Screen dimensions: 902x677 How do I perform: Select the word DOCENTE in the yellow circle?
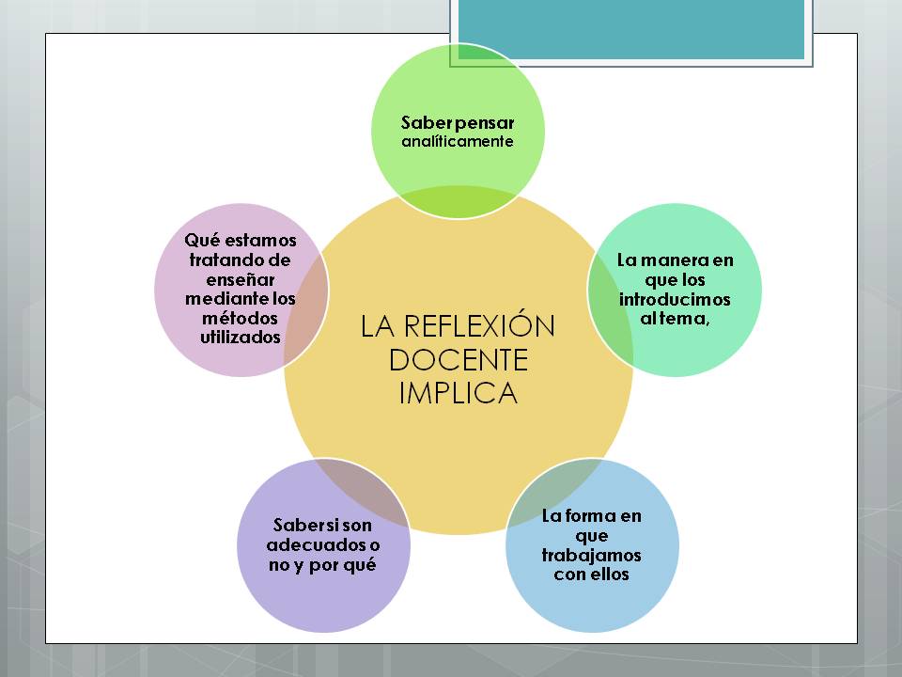coord(459,359)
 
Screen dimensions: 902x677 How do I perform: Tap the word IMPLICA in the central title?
coord(459,392)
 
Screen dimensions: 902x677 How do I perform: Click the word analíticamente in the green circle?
coord(458,142)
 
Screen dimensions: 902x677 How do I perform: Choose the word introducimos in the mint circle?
coord(675,299)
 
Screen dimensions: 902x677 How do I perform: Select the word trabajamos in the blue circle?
coord(591,555)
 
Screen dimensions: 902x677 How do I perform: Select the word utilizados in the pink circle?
coord(241,338)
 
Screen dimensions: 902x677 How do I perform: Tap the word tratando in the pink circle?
coord(229,260)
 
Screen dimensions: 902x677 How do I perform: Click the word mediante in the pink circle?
coord(225,299)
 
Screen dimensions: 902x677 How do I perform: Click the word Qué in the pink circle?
coord(200,240)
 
